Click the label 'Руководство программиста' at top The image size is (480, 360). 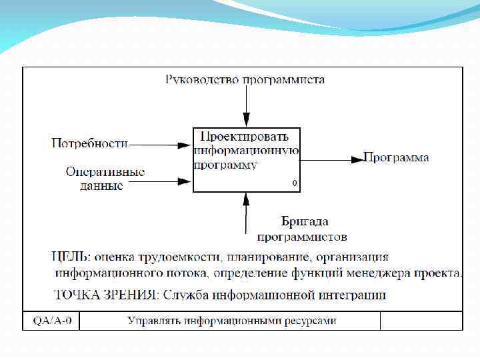[x=245, y=80]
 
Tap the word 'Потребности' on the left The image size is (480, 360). [x=89, y=143]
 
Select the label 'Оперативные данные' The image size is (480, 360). [x=105, y=179]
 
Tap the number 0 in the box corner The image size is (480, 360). [x=294, y=183]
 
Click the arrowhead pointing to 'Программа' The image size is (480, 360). [x=357, y=159]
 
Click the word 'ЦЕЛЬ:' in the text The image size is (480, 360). [x=72, y=257]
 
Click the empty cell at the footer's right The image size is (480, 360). [x=421, y=321]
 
